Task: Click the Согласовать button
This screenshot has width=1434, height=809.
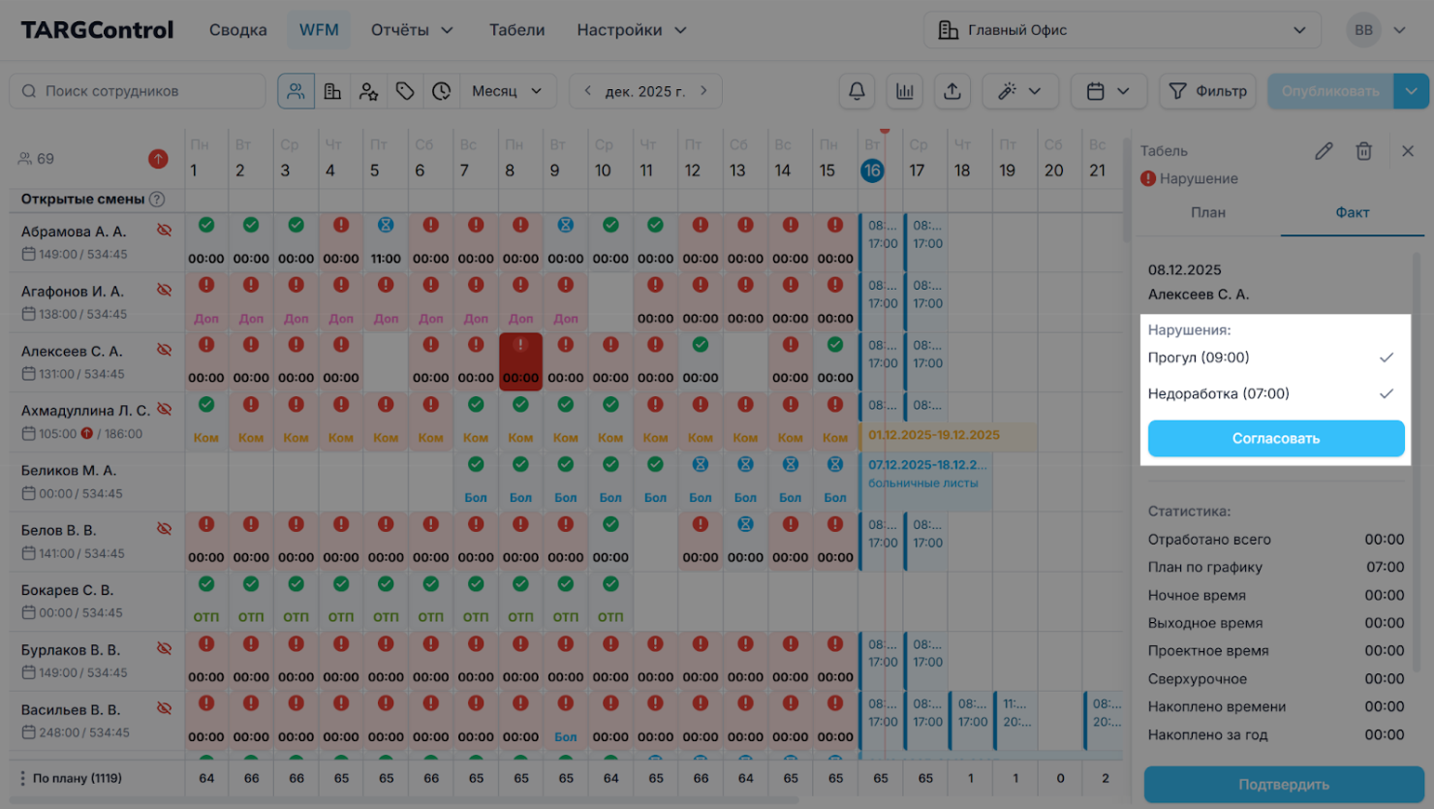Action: click(1275, 438)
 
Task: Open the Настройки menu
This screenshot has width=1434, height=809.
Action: click(631, 30)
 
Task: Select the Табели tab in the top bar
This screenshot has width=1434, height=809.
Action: click(516, 30)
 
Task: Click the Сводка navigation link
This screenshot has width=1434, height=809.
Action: click(237, 30)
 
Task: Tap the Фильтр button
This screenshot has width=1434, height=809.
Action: click(1207, 91)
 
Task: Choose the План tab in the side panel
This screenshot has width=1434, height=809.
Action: click(1207, 212)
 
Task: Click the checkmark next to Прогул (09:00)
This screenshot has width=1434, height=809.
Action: click(1387, 358)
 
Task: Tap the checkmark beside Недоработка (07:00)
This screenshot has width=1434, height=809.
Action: click(1387, 393)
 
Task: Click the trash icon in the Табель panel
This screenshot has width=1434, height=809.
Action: click(1363, 151)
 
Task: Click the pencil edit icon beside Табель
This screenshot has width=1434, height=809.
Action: click(1324, 151)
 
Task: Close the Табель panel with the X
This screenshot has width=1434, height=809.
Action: click(1408, 151)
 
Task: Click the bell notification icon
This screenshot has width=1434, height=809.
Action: click(857, 91)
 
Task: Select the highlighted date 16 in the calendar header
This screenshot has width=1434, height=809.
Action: click(872, 171)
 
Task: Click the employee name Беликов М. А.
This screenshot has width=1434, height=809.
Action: click(69, 471)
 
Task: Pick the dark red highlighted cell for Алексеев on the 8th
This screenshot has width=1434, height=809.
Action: click(520, 361)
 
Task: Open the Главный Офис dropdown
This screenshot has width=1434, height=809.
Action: click(1122, 30)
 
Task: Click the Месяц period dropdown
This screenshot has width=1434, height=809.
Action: click(507, 91)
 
